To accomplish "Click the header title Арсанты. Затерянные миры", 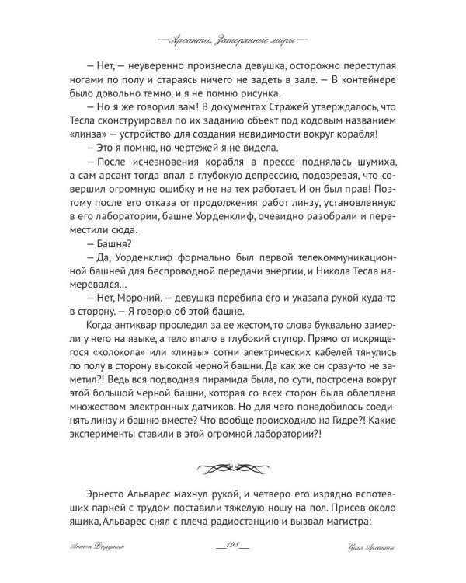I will pyautogui.click(x=232, y=37).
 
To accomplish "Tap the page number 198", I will pyautogui.click(x=232, y=548).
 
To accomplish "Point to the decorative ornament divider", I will pyautogui.click(x=232, y=469).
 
